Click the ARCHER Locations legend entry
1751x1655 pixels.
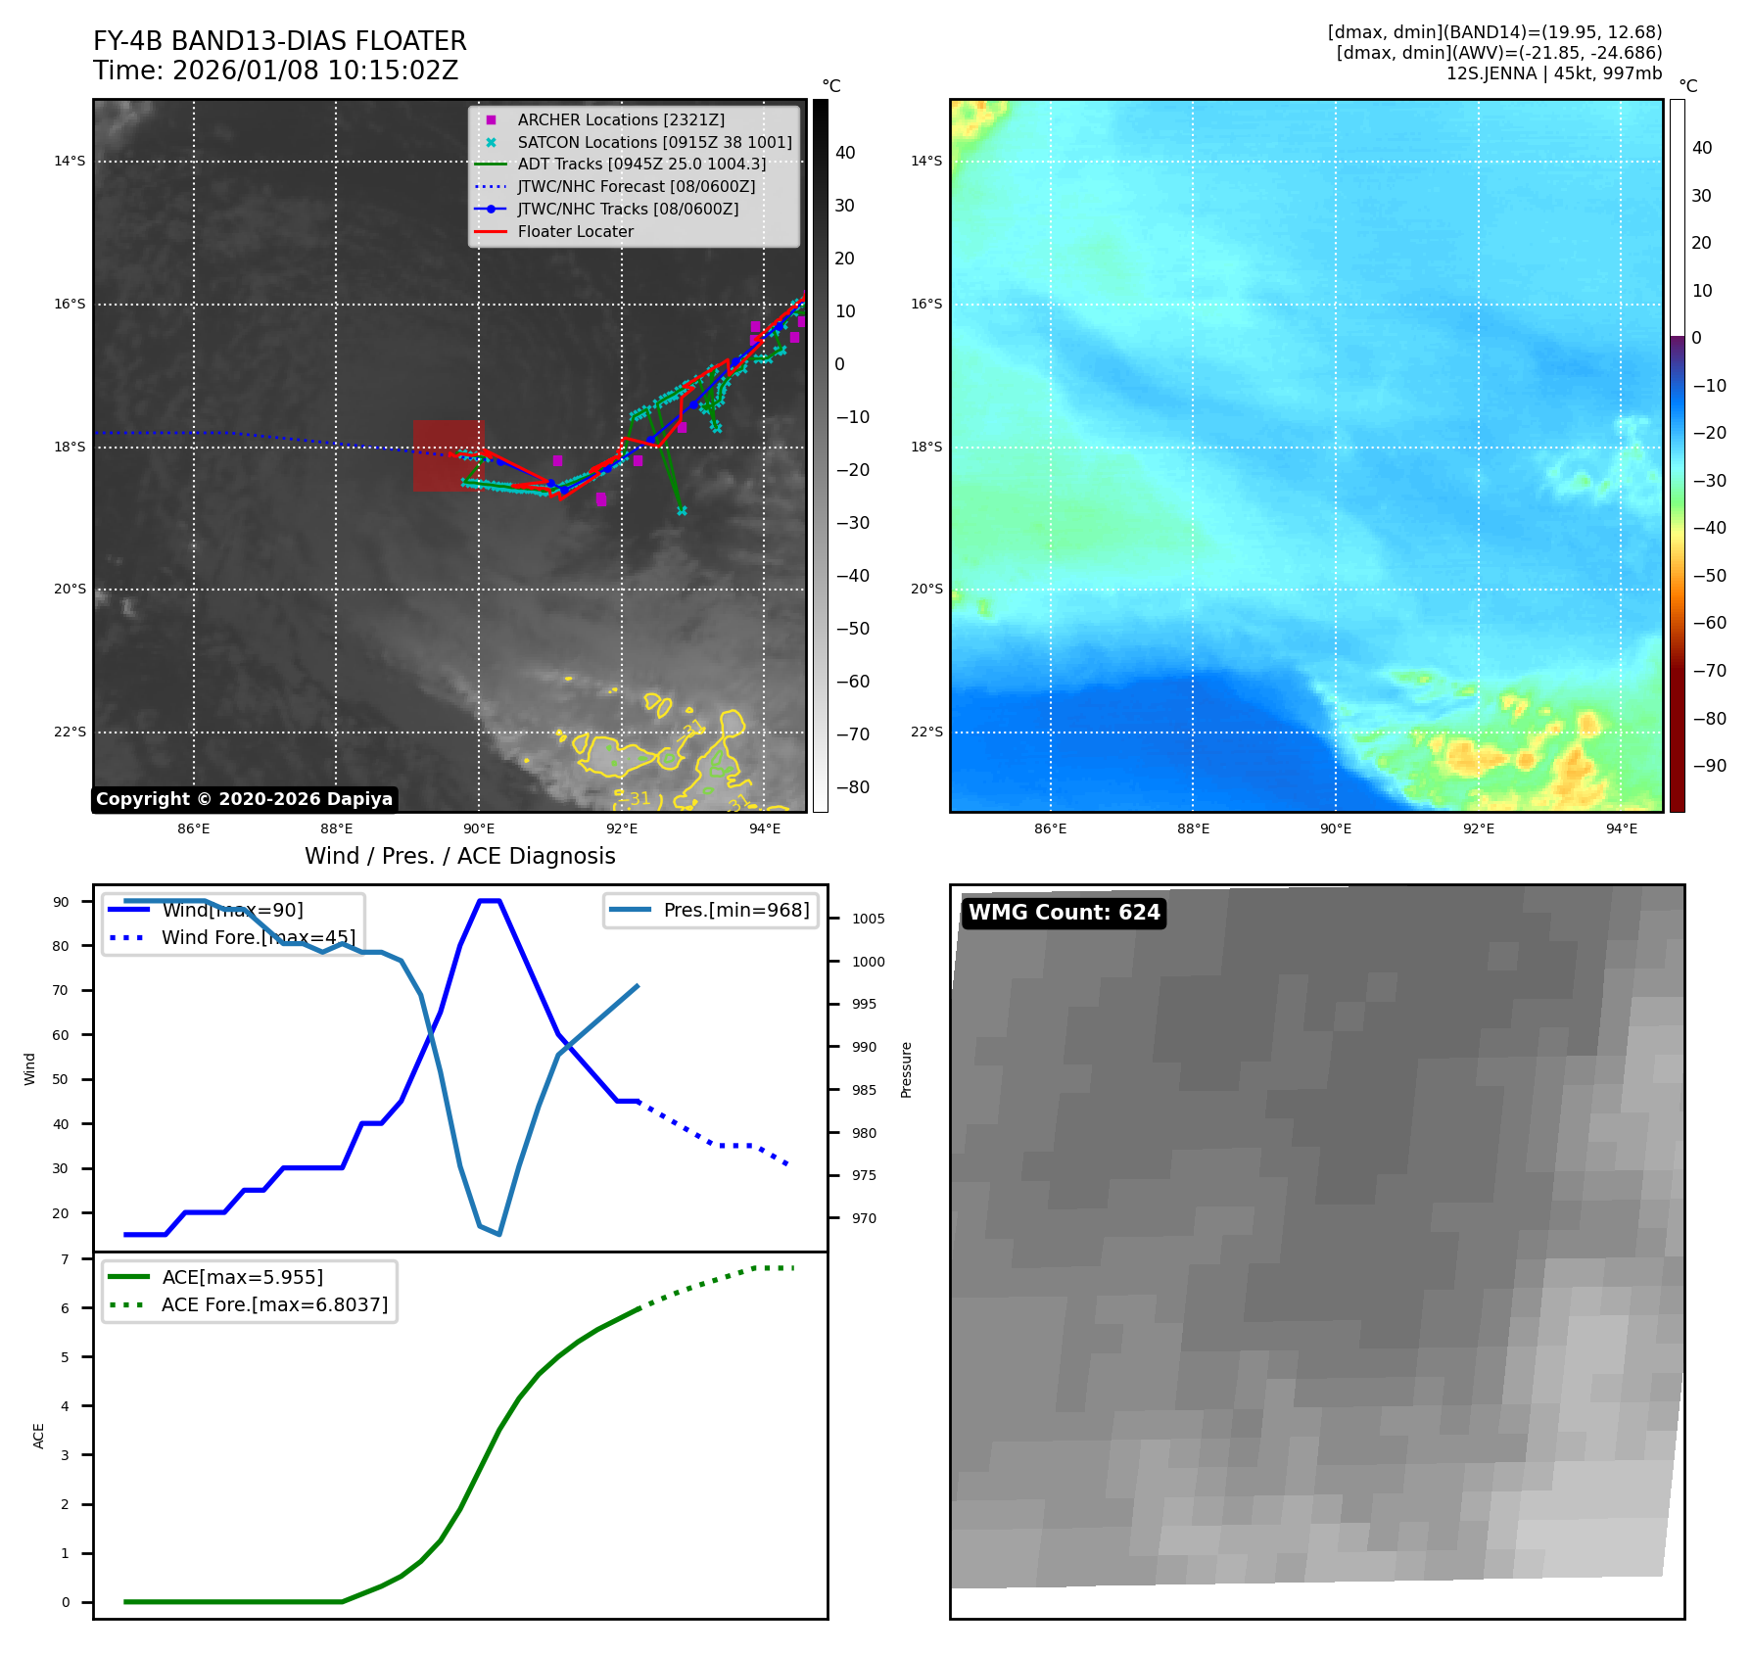click(621, 119)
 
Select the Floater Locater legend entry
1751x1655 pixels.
click(575, 231)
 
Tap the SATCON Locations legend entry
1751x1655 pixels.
click(654, 142)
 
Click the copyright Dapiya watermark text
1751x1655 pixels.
click(244, 799)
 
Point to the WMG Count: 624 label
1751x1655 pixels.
click(1064, 913)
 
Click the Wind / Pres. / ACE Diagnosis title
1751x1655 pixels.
click(459, 856)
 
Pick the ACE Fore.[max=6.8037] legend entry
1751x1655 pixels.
click(274, 1304)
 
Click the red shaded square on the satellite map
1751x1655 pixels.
click(449, 455)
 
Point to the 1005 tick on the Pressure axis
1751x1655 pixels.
click(868, 919)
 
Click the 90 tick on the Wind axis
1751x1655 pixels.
click(62, 902)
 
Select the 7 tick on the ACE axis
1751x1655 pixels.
click(66, 1259)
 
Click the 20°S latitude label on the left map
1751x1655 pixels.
click(70, 590)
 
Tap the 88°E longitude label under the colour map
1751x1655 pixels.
click(1193, 828)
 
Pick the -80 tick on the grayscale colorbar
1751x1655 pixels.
click(852, 787)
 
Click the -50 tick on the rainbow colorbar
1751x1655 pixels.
click(1709, 576)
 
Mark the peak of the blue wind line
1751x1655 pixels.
click(489, 901)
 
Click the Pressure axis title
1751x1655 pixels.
click(906, 1069)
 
